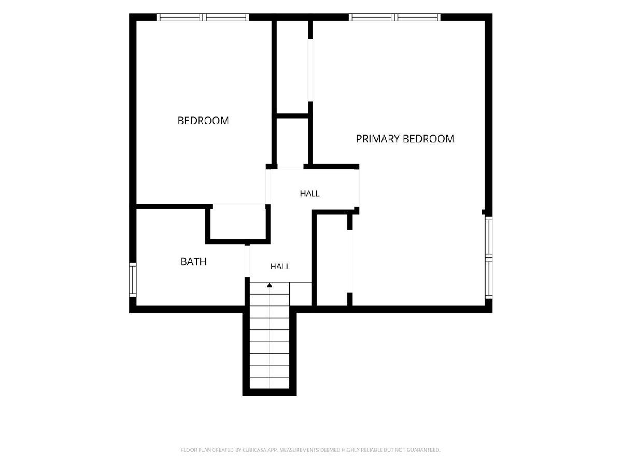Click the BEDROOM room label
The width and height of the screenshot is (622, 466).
203,121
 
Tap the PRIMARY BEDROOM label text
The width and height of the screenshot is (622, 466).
405,139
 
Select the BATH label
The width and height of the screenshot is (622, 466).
193,261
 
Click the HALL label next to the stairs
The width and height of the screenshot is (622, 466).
280,267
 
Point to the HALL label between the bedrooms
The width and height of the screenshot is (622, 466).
310,194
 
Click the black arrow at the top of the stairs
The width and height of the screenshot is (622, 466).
270,285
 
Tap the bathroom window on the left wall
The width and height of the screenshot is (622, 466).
133,280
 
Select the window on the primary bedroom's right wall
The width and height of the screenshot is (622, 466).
489,257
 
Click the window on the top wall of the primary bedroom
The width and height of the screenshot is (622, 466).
394,17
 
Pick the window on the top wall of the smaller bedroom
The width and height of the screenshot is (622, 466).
203,17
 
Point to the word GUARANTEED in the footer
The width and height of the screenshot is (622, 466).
423,449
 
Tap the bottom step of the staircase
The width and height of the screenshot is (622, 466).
270,383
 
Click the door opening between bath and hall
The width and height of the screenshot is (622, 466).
247,261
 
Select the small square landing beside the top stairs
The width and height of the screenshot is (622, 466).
301,294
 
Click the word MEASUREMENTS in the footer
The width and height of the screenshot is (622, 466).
300,449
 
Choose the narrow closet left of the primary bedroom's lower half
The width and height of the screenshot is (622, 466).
332,260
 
